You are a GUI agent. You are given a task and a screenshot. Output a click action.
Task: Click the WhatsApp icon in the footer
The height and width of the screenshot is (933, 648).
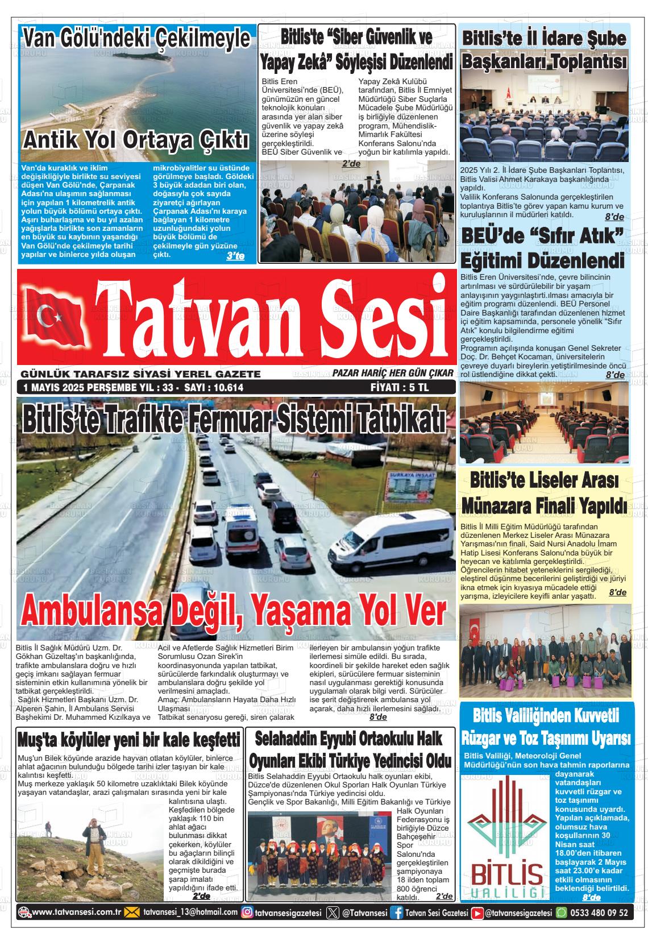[x=561, y=913]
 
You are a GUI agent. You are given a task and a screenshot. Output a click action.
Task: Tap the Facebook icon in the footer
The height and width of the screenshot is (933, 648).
[x=397, y=913]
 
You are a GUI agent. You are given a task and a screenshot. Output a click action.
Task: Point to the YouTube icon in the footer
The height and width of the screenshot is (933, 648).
[x=479, y=913]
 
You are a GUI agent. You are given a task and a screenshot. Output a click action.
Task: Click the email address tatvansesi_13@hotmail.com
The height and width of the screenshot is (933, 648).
[x=190, y=913]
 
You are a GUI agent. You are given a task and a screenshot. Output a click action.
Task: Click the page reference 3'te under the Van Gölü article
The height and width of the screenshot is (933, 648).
[x=235, y=256]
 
